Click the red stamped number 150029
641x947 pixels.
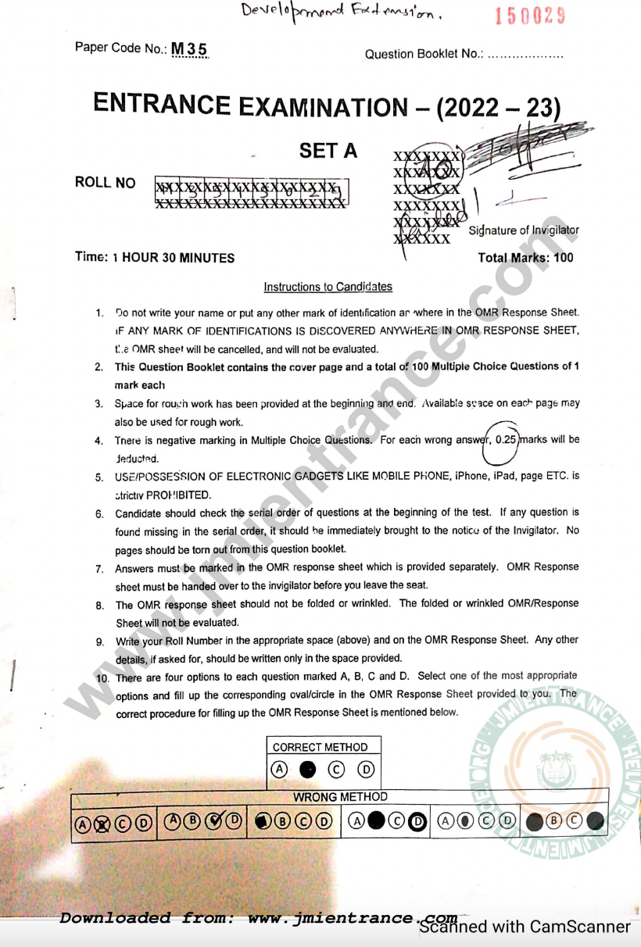(531, 16)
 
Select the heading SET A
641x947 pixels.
(328, 151)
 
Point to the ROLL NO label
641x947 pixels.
(105, 183)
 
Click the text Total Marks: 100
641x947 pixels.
(525, 258)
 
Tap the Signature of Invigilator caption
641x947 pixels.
(524, 230)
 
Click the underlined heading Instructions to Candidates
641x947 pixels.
(328, 288)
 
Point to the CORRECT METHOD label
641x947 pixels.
(324, 748)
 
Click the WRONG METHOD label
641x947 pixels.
(340, 797)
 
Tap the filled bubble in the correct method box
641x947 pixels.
(307, 770)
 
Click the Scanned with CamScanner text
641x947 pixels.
(525, 927)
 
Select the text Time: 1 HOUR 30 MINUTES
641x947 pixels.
(155, 258)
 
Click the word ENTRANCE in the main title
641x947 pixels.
(162, 104)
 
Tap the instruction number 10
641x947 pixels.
(102, 677)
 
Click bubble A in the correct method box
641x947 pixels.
(279, 770)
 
